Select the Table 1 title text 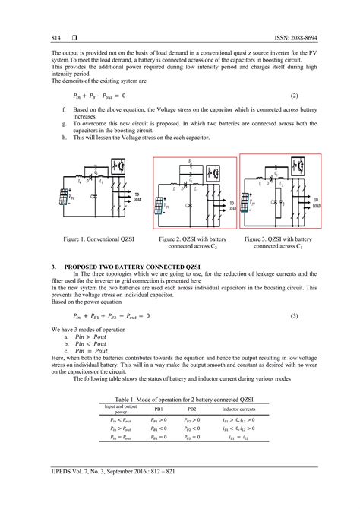tap(180, 398)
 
